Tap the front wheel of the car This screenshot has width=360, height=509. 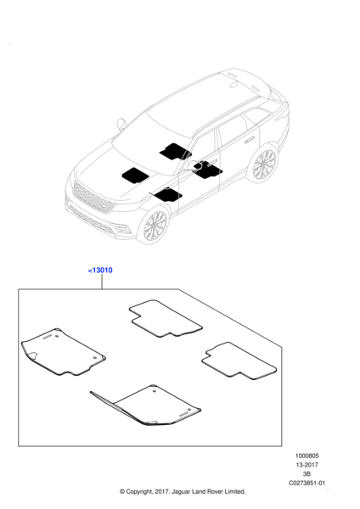click(x=155, y=226)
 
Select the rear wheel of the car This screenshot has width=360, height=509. click(x=264, y=164)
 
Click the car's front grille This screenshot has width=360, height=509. click(x=93, y=197)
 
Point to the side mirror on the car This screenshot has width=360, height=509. click(x=121, y=124)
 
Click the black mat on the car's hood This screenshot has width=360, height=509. click(x=135, y=176)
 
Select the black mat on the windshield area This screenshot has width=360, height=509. click(x=175, y=152)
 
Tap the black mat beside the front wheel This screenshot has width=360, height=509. click(x=168, y=195)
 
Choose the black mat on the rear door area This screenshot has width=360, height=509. click(x=208, y=170)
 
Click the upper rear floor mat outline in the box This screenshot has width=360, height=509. click(x=166, y=318)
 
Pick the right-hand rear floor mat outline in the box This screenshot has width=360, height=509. click(x=239, y=361)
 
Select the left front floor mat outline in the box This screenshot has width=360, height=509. click(x=63, y=352)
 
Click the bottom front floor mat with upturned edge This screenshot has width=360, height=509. click(x=146, y=406)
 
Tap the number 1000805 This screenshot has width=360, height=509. click(x=307, y=456)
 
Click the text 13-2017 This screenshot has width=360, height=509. click(x=307, y=465)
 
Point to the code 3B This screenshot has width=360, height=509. click(x=307, y=474)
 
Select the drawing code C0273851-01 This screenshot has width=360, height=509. click(x=307, y=483)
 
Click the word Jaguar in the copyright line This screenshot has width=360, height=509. click(x=182, y=492)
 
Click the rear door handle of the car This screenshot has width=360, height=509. click(x=250, y=140)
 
